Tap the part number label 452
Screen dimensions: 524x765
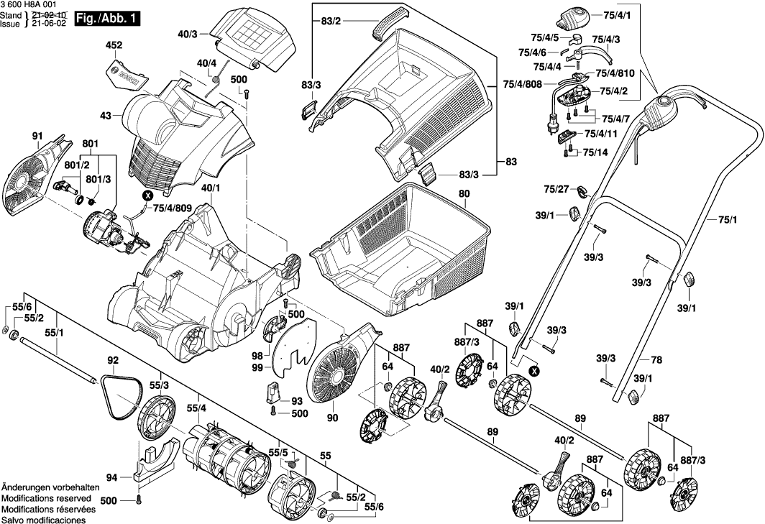[x=114, y=45]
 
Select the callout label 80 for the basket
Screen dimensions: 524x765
[x=464, y=193]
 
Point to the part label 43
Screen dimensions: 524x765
[x=106, y=116]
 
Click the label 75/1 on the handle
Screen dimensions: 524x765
[x=728, y=219]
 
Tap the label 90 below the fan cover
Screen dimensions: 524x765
[x=332, y=418]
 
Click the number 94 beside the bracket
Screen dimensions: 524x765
[x=111, y=477]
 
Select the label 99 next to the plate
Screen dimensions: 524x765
[x=257, y=368]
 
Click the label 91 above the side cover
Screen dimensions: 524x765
[x=37, y=135]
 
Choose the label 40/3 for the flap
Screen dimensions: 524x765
[x=188, y=34]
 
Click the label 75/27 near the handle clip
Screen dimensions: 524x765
[x=556, y=189]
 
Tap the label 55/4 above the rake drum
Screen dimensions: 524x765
[x=197, y=408]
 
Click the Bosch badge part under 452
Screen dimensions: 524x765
[x=127, y=71]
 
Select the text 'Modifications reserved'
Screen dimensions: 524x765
[x=47, y=498]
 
